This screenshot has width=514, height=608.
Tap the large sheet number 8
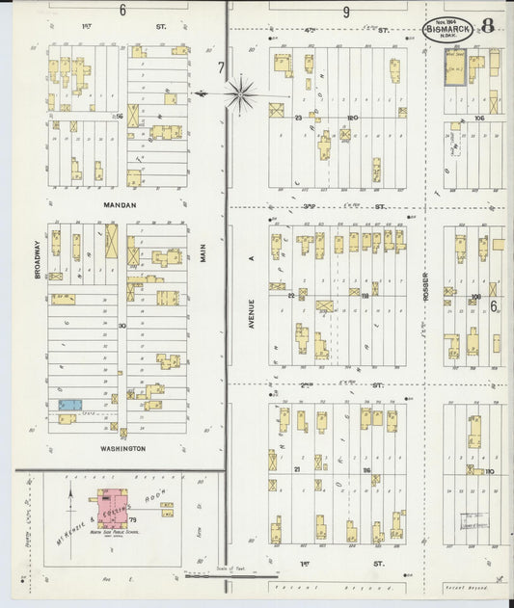(488, 26)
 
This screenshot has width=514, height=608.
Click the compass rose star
(241, 94)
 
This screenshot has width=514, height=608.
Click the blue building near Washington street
(68, 406)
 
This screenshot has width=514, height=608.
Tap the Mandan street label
(121, 205)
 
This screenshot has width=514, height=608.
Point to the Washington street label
(121, 449)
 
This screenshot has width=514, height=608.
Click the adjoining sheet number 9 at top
(346, 12)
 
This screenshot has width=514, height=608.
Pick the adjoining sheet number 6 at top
(122, 10)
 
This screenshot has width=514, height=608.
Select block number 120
(353, 119)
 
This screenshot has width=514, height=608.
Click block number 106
(478, 118)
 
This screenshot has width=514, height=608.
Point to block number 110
(489, 471)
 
